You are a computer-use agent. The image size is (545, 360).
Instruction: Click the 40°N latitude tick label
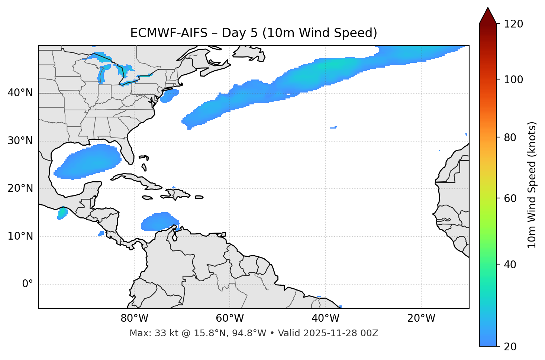20,93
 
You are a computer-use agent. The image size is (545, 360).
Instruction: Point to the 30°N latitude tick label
20,141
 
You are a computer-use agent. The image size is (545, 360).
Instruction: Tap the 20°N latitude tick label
20,188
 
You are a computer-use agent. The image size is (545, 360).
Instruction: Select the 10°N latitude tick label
20,236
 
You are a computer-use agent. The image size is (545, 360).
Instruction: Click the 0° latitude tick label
27,284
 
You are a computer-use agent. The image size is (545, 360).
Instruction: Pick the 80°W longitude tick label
134,318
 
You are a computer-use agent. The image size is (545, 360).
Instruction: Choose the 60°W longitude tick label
230,318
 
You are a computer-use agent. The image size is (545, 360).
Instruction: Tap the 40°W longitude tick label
326,318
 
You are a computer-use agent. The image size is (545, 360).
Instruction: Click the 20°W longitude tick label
421,318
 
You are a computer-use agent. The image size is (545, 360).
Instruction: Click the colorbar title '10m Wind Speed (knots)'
532,185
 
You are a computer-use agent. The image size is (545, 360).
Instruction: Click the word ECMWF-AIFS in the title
168,33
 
